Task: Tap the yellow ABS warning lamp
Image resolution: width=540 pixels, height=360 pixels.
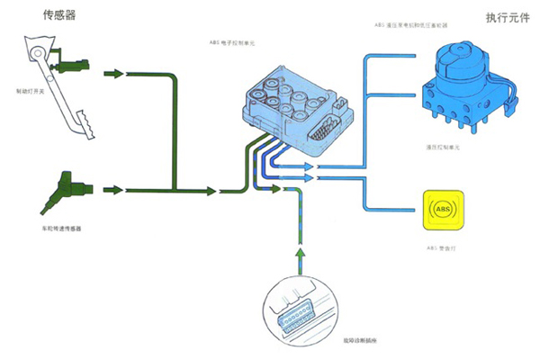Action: (x=442, y=213)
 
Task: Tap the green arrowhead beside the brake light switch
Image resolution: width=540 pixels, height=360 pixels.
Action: (x=114, y=73)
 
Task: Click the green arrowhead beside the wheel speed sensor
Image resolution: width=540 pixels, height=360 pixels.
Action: (x=114, y=190)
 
